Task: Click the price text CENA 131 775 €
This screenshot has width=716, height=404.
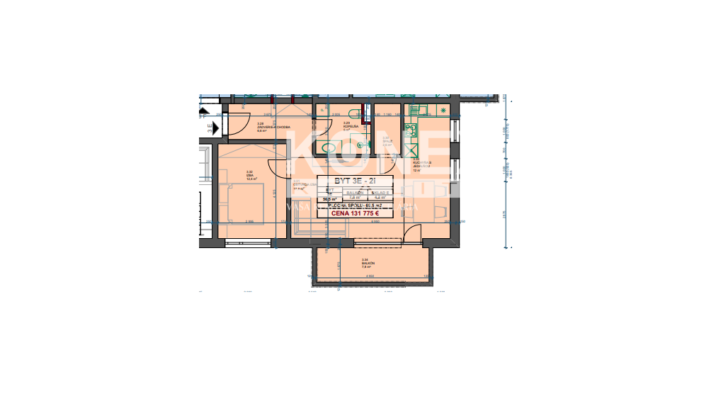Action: [x=355, y=213]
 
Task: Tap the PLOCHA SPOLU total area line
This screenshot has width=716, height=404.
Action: [x=355, y=206]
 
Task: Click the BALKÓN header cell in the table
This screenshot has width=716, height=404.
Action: [x=355, y=191]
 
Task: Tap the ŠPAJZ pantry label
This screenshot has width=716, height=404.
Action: [x=387, y=140]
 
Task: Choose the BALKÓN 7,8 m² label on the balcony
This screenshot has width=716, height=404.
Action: [x=367, y=264]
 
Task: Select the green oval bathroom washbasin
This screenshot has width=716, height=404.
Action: [x=328, y=148]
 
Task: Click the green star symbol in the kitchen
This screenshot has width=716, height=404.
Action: [x=443, y=111]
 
